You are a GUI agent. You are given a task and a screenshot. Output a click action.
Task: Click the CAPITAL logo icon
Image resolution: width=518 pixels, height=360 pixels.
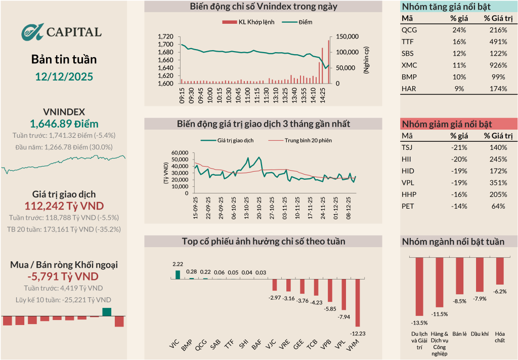click(33, 32)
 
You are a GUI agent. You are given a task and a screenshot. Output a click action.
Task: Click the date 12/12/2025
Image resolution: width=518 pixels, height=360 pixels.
click(64, 76)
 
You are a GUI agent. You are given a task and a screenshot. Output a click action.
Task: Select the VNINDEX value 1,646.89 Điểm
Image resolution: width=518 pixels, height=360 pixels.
click(64, 124)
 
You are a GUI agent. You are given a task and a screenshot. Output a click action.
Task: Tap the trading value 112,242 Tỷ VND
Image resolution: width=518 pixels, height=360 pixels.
click(64, 206)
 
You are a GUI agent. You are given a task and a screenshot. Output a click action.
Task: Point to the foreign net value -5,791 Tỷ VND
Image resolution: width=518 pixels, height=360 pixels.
click(64, 276)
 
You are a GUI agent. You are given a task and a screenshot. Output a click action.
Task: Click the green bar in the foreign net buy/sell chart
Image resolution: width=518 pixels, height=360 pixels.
click(107, 312)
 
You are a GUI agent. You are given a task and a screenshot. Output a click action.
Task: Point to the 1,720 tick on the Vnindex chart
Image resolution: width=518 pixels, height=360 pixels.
click(165, 37)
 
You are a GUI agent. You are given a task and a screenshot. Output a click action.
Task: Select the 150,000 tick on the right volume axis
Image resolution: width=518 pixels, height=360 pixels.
click(347, 37)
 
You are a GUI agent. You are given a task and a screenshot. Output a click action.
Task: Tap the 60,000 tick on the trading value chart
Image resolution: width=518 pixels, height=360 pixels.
click(180, 153)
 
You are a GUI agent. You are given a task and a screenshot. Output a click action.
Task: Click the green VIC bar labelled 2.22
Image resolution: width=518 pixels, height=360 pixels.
click(178, 274)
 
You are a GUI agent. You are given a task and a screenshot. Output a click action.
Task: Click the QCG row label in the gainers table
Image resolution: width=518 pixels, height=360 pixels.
click(409, 30)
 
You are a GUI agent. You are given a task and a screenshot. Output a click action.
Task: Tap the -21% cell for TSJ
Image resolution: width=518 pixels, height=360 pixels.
click(458, 147)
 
